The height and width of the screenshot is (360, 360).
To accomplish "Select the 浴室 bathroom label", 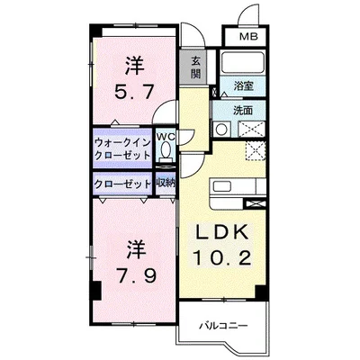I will (244, 87).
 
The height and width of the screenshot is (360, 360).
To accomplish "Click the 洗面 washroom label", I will (243, 111).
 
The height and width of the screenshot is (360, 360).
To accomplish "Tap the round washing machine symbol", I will (220, 129).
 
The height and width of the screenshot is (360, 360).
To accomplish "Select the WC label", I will (166, 136).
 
